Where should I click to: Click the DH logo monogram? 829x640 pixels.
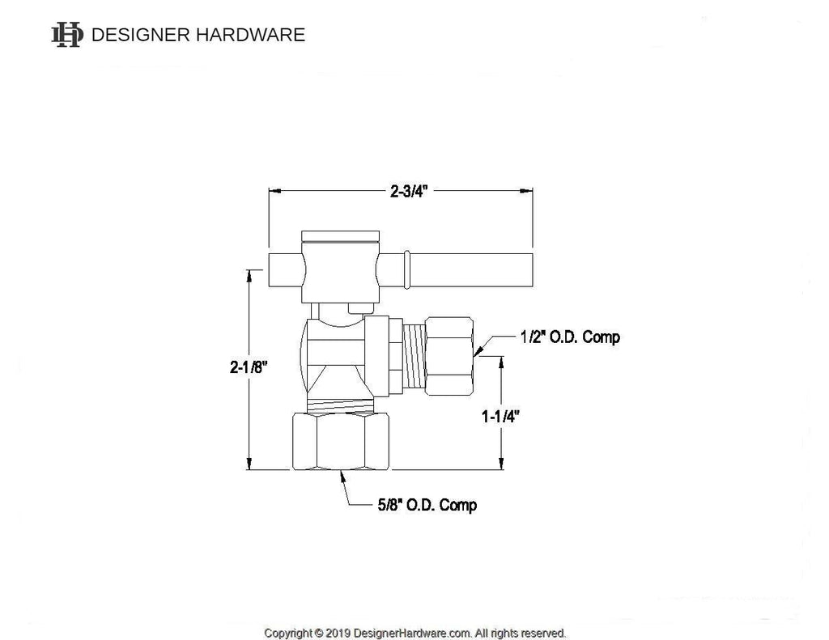[x=67, y=35]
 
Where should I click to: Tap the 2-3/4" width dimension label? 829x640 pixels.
[x=408, y=192]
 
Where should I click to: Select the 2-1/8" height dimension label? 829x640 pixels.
[x=249, y=367]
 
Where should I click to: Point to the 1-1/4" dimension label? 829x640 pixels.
[x=500, y=417]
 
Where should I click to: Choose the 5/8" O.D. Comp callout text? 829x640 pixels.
[x=427, y=505]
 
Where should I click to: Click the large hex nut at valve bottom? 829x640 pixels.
[x=339, y=440]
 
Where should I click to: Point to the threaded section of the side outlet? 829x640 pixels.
[x=414, y=354]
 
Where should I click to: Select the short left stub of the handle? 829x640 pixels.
[x=283, y=269]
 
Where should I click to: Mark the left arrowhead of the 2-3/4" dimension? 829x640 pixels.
[x=274, y=192]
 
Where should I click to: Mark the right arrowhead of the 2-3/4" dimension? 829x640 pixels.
[x=527, y=192]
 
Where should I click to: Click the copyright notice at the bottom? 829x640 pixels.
[x=414, y=633]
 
